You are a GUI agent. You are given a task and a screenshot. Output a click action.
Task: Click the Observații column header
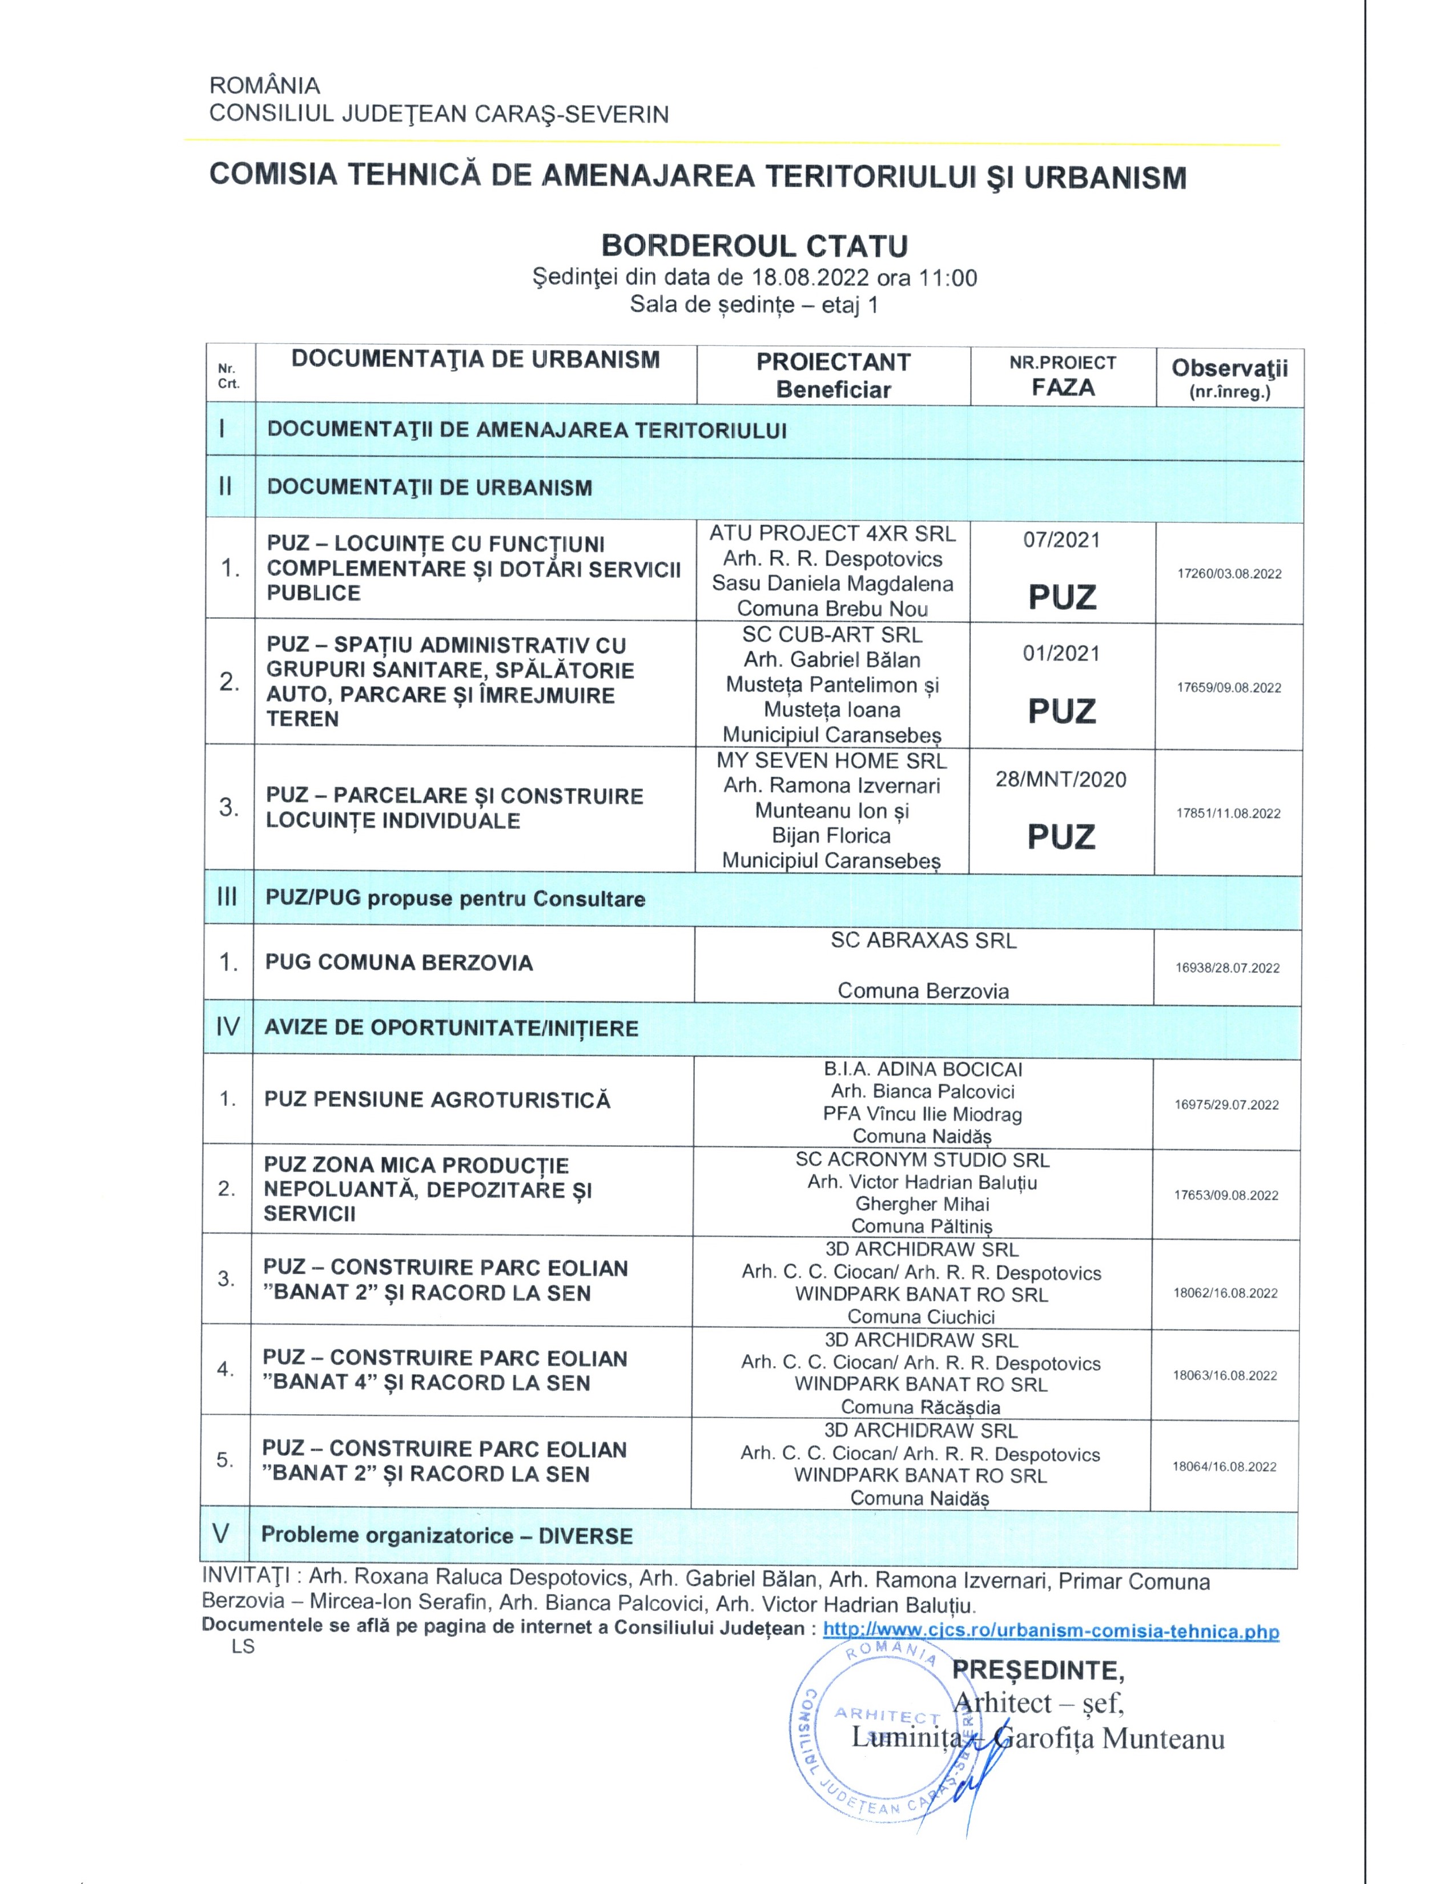[x=1229, y=377]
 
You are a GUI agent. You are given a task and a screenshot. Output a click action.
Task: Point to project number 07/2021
[x=1062, y=540]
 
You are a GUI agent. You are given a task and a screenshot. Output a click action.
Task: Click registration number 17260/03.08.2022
[x=1229, y=574]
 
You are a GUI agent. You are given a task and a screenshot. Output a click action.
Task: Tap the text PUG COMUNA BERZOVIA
[x=399, y=963]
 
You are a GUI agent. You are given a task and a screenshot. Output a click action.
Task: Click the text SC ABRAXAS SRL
[x=923, y=940]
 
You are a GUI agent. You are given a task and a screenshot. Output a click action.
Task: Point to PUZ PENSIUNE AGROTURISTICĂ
[x=437, y=1100]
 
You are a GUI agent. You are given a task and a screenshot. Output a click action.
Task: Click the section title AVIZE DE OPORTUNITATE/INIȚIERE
[x=451, y=1028]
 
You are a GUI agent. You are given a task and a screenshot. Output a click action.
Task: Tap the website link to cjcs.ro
[x=1051, y=1631]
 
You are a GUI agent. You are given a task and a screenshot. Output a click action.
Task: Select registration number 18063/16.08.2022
[x=1225, y=1375]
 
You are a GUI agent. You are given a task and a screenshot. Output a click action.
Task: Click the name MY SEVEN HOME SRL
[x=831, y=761]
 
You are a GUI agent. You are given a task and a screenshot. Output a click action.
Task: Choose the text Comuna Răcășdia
[x=920, y=1407]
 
